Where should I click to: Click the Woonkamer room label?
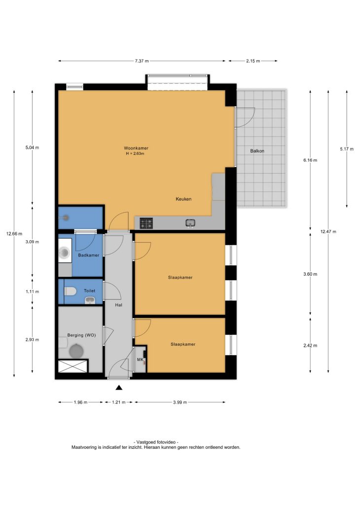(136, 148)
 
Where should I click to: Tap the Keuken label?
(183, 199)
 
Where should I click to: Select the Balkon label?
(257, 151)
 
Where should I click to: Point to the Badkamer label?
(89, 255)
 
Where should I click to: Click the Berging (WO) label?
(81, 335)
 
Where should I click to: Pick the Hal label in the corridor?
(118, 305)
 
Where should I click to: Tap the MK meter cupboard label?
(140, 360)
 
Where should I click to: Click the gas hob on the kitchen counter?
(146, 223)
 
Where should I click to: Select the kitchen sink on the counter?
(190, 223)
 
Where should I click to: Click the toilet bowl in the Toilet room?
(70, 291)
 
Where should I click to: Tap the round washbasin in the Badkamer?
(65, 252)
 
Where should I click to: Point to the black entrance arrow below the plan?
(119, 387)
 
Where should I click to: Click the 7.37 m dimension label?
(142, 61)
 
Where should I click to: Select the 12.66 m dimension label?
(14, 234)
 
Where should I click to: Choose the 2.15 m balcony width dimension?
(253, 61)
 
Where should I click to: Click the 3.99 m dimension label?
(180, 402)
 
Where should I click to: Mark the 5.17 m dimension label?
(346, 149)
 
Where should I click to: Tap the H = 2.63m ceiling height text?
(135, 154)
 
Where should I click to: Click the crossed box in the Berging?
(73, 366)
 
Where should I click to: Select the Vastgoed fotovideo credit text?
(156, 442)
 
